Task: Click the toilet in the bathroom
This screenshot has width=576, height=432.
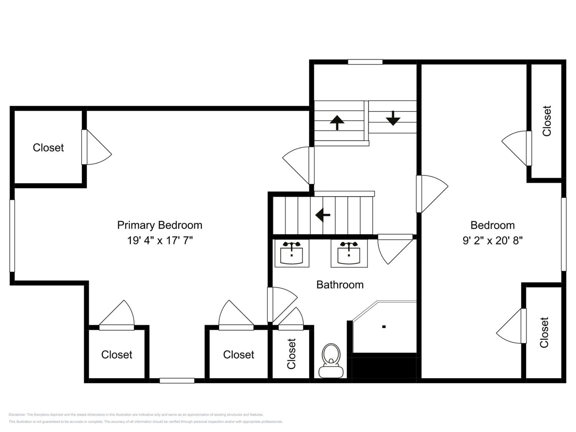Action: click(331, 360)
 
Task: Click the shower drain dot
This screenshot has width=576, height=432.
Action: click(384, 327)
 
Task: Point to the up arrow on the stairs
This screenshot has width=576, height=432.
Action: click(337, 123)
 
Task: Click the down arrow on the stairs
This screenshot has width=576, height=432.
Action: click(393, 118)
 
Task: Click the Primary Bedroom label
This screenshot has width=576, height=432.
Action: click(160, 225)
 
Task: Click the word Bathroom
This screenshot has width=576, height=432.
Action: click(340, 285)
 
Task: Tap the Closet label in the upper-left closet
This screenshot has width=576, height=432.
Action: click(48, 148)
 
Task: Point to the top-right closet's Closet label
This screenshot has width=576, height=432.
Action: click(547, 121)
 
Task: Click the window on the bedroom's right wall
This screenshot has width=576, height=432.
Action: click(564, 234)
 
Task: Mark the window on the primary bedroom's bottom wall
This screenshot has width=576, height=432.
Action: click(177, 381)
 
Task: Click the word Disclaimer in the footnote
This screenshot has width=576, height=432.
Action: click(17, 415)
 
